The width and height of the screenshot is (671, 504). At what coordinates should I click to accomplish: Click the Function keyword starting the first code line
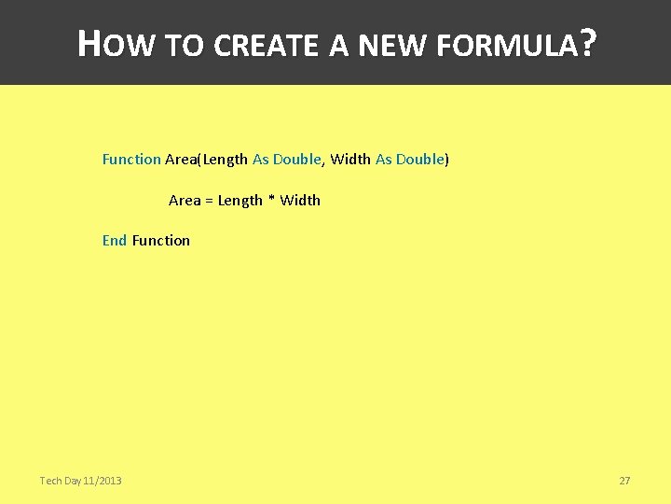131,160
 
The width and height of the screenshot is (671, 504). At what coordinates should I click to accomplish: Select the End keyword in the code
115,241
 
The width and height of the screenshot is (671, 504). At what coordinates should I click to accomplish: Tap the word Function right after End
161,241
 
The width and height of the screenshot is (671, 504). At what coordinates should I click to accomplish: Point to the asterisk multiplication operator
271,201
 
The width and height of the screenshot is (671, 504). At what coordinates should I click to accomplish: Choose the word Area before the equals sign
185,201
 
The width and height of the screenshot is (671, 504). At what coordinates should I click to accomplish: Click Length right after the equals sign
240,201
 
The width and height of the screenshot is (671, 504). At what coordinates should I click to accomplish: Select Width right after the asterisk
300,201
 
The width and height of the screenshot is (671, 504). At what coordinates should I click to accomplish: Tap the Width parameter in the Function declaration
350,160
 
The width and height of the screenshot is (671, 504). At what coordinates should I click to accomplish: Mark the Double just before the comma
297,160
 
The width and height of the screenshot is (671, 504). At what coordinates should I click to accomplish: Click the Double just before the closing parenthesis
419,160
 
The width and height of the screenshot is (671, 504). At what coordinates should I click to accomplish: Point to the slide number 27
624,481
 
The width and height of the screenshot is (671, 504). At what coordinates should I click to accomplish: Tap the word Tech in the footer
50,481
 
